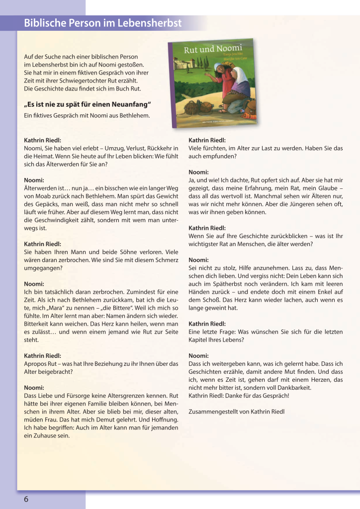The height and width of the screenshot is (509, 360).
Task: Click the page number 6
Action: point(26,499)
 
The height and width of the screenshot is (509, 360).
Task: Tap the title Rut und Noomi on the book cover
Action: point(206,49)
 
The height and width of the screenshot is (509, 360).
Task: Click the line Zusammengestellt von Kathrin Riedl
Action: point(237,412)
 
